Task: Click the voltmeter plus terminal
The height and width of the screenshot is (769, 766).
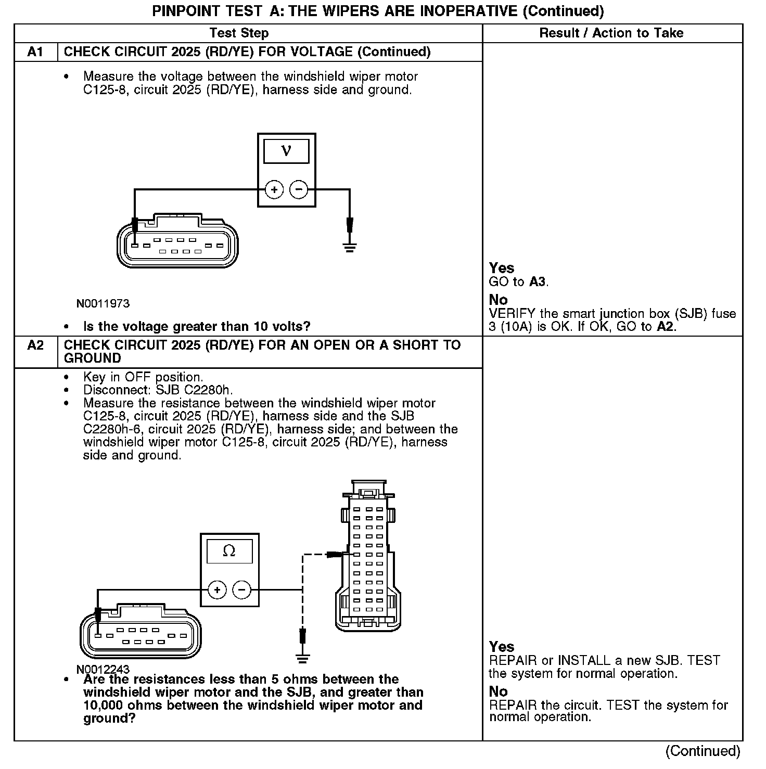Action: [274, 189]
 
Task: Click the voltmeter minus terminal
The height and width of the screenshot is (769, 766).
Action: [299, 189]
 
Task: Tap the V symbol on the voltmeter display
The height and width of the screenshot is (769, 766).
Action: [286, 151]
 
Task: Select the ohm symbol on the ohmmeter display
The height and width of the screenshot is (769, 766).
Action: [229, 551]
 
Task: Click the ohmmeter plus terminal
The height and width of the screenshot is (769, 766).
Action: [217, 590]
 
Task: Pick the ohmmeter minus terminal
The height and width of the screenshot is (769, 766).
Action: [241, 590]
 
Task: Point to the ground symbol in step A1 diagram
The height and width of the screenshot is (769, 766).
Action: [350, 246]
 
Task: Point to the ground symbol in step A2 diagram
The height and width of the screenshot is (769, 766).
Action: [303, 657]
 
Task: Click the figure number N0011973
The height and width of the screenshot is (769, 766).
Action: [103, 303]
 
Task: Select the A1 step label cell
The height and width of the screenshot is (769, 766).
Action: [35, 52]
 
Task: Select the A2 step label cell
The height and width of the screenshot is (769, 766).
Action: [35, 345]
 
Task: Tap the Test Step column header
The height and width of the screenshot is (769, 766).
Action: [239, 33]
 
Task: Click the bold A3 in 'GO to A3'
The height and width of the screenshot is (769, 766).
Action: [538, 282]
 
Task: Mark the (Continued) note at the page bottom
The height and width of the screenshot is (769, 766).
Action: [703, 751]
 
